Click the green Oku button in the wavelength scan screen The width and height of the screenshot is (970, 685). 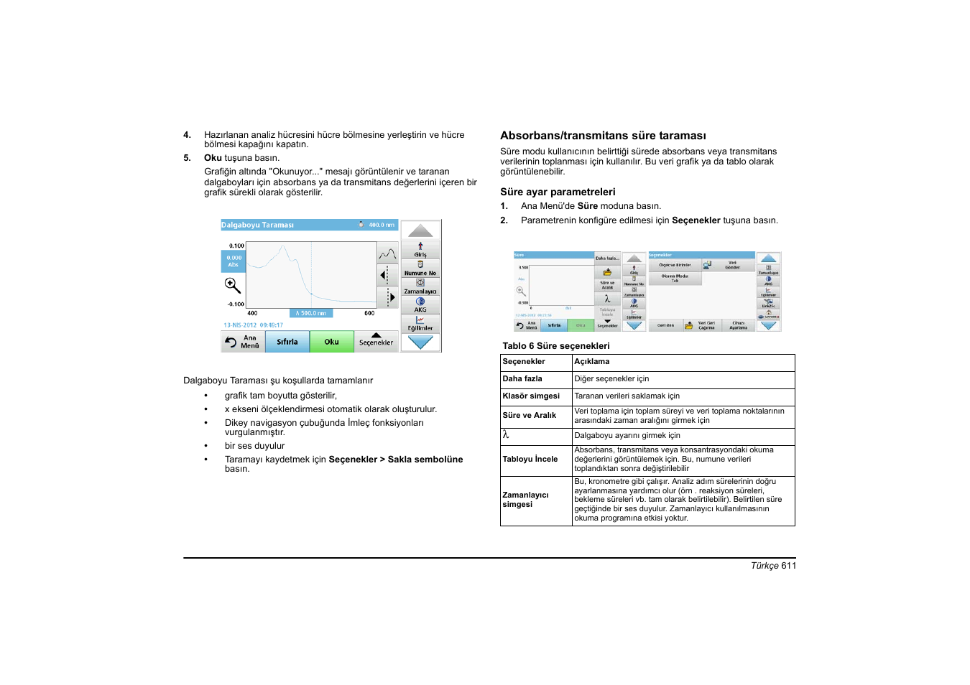coord(331,342)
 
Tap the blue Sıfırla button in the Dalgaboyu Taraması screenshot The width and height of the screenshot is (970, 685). coord(287,342)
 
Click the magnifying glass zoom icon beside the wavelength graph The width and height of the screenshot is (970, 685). coord(232,286)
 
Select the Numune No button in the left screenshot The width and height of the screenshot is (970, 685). coord(420,269)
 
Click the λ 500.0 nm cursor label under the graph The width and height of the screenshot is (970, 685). coord(311,313)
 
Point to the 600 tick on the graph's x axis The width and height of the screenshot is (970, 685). coord(369,313)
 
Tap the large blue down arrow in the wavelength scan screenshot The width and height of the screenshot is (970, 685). coord(420,342)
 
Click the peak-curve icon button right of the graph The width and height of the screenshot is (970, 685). coord(387,253)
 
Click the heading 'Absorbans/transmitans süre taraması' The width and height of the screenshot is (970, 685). coord(603,136)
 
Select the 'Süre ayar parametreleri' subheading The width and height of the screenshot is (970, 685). coord(558,192)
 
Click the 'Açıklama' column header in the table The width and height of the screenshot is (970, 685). coord(591,362)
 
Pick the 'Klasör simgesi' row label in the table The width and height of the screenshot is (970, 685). coord(530,396)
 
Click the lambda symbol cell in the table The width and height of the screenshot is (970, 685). coord(506,435)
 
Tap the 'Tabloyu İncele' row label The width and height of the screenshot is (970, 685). coord(530,460)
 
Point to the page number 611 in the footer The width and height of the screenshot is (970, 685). coord(788,566)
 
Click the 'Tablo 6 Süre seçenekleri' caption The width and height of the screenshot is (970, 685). coord(555,346)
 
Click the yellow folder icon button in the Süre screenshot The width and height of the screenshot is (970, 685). coord(607,272)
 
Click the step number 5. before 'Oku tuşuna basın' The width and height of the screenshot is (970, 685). coord(187,158)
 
